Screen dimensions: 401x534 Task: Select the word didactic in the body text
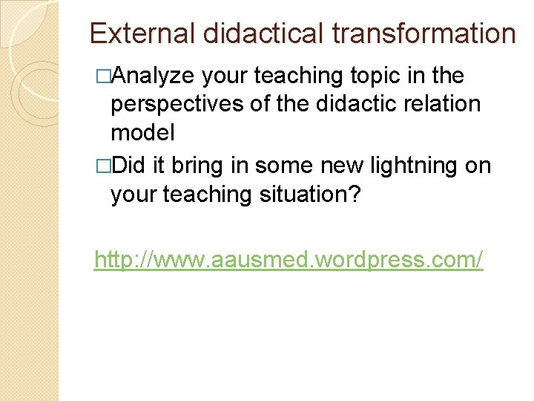(342, 105)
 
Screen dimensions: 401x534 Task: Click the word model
(142, 134)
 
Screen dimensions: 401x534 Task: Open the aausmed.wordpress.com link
(289, 260)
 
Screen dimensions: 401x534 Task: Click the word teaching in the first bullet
(297, 76)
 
